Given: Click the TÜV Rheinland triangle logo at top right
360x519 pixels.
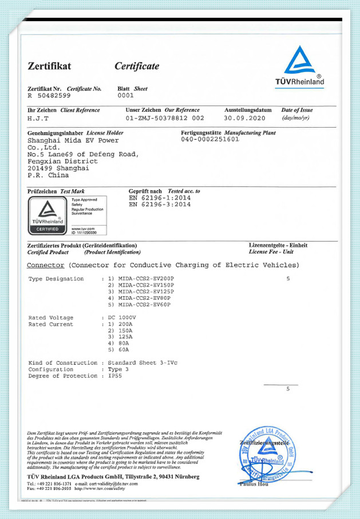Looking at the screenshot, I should [x=304, y=62].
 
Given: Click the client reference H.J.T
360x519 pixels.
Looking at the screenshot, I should [x=38, y=118].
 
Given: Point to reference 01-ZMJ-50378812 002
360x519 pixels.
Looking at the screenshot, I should [x=165, y=118].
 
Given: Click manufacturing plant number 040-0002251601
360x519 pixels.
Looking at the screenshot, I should [x=209, y=139].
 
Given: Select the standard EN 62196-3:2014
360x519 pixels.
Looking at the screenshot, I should [x=160, y=204].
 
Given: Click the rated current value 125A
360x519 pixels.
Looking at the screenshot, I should [x=123, y=337].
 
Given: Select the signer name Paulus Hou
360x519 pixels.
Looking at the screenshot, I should [x=255, y=485].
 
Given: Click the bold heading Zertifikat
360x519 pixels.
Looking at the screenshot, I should [x=49, y=66].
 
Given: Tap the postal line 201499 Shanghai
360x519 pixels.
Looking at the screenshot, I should [x=58, y=168].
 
